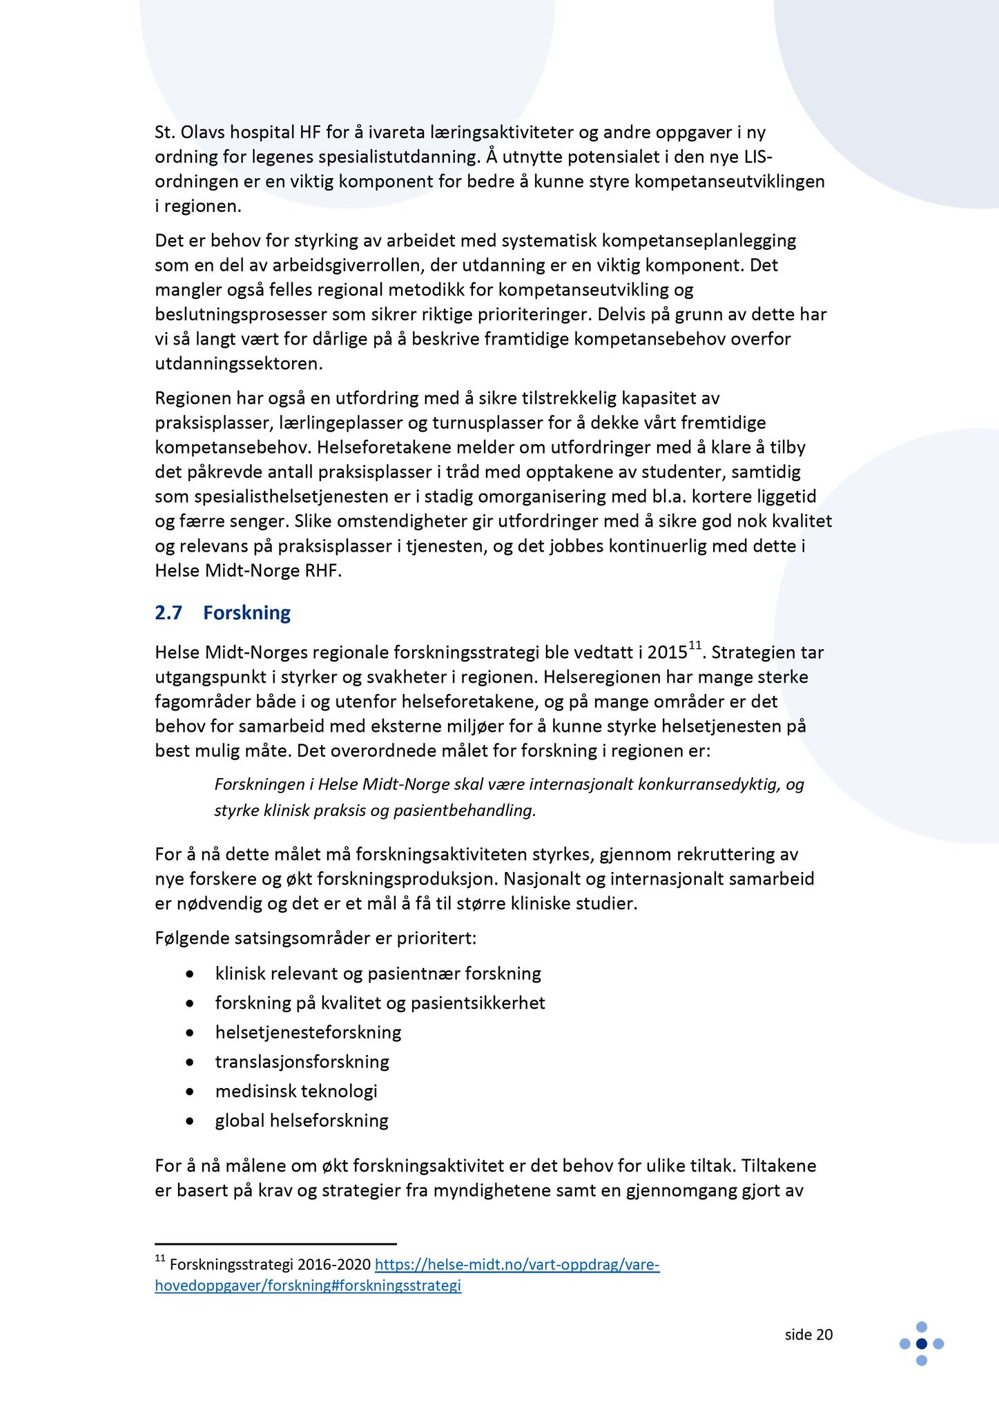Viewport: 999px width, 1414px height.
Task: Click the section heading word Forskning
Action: tap(246, 613)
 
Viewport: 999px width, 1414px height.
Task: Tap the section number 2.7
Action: tap(168, 613)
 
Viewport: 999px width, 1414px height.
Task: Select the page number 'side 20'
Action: tap(808, 1335)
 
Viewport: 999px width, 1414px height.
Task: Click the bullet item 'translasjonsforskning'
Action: tap(302, 1061)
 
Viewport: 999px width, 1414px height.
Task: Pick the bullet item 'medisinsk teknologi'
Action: tap(296, 1091)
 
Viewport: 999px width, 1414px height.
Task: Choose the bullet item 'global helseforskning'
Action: tap(302, 1120)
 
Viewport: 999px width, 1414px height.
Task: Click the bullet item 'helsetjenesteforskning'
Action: tap(308, 1032)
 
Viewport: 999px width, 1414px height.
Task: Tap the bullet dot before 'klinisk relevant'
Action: tap(190, 974)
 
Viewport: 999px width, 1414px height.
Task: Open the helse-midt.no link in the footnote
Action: tap(516, 1264)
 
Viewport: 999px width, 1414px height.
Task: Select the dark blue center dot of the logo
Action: tap(921, 1344)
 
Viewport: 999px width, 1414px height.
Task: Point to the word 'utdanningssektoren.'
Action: tap(239, 363)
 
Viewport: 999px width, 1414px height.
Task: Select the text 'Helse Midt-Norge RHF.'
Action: tap(248, 571)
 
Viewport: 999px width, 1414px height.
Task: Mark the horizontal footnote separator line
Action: tap(275, 1243)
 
